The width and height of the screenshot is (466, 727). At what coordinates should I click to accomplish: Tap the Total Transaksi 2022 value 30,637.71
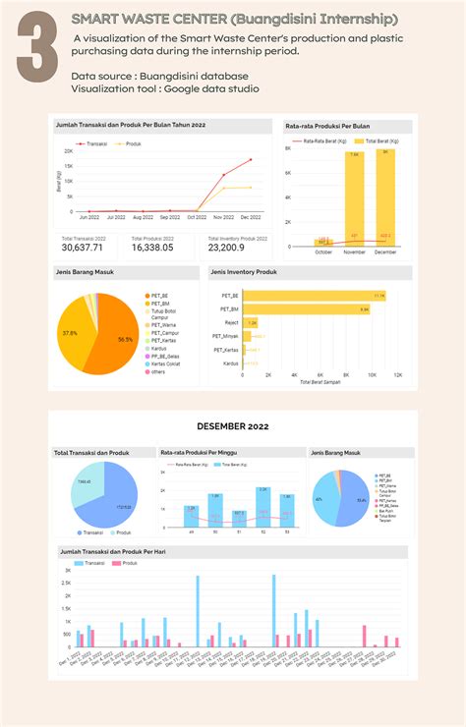(x=84, y=248)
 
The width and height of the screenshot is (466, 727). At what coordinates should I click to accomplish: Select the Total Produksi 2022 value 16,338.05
(x=152, y=248)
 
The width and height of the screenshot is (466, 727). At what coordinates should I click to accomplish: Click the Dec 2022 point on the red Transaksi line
(x=252, y=160)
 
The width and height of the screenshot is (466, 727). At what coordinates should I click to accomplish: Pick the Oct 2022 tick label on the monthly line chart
(x=198, y=217)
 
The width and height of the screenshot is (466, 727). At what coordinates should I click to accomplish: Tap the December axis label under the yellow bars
(x=384, y=252)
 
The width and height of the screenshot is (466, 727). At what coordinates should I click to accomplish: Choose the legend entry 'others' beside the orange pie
(x=157, y=371)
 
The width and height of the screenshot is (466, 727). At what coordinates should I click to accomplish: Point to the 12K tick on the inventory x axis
(x=397, y=375)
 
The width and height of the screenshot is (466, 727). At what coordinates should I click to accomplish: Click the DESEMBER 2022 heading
(x=233, y=426)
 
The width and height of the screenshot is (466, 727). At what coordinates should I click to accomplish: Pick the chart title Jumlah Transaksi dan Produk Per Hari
(x=112, y=552)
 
